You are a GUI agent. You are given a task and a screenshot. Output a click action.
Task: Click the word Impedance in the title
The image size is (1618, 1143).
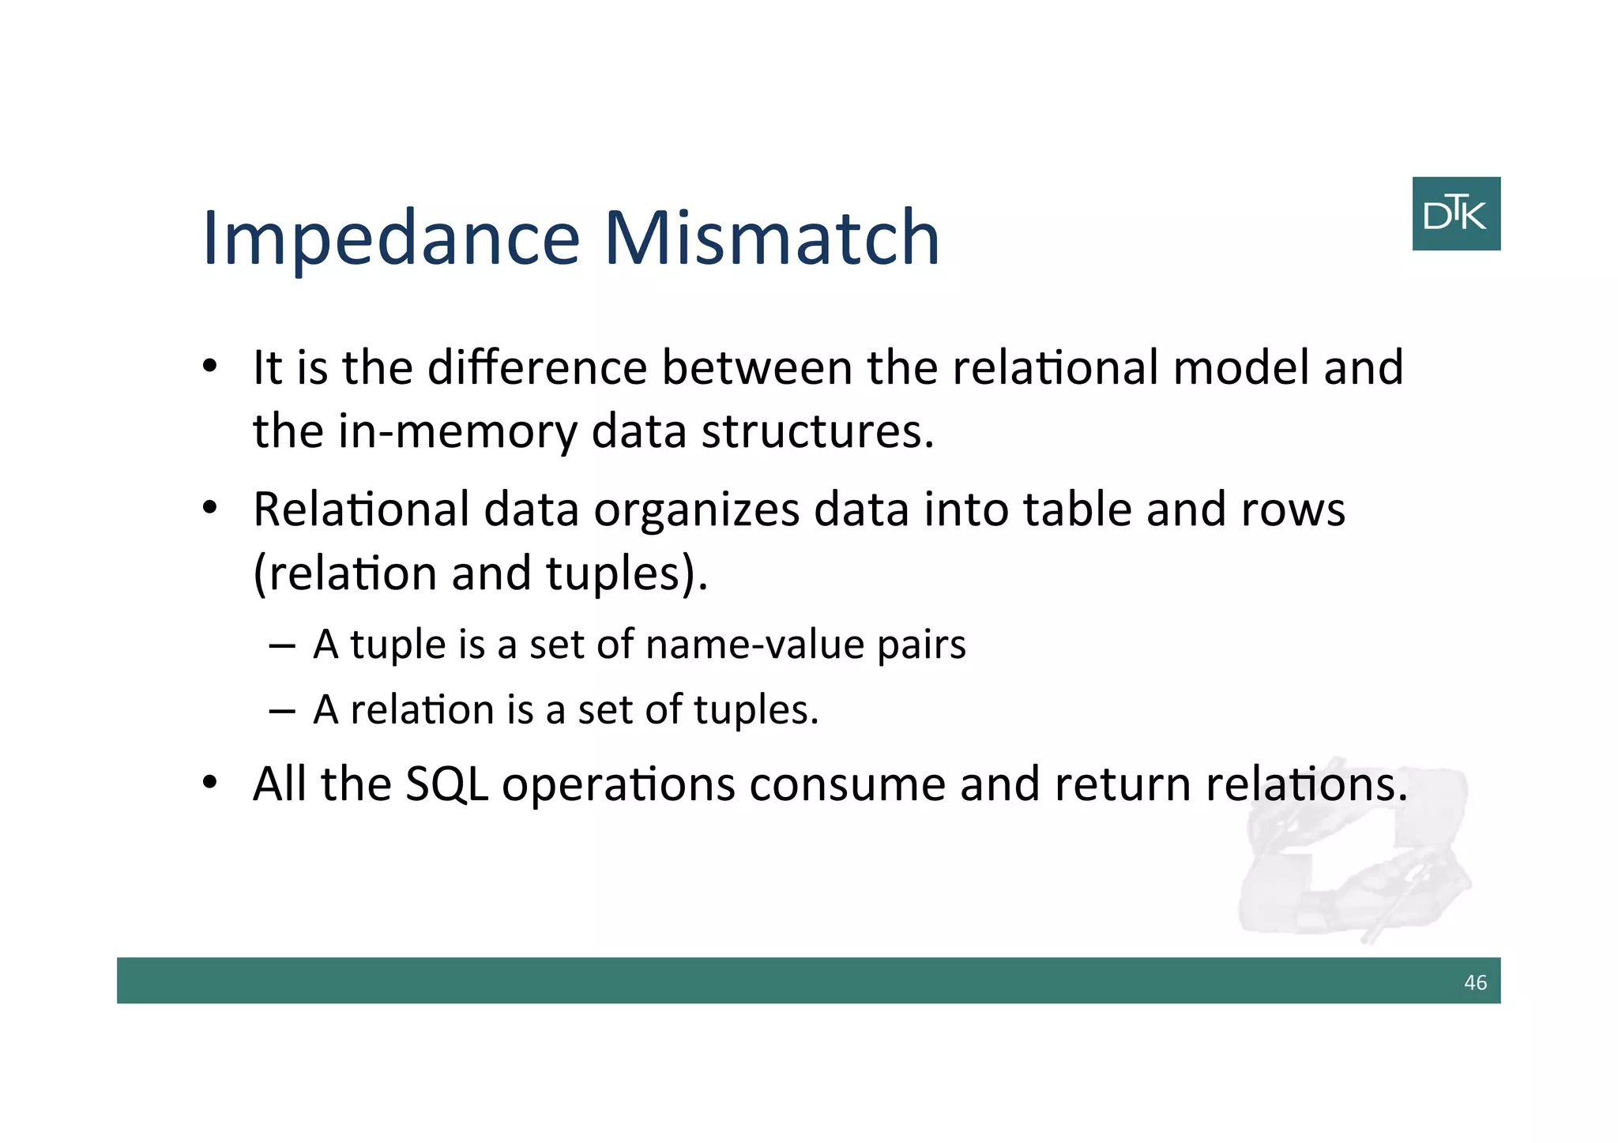coord(391,239)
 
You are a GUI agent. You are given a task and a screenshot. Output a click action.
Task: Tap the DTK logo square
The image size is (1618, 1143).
coord(1455,213)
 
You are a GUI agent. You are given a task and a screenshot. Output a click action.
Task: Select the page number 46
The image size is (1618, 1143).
coord(1474,983)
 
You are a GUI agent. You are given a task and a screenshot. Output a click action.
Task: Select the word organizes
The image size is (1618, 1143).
coord(696,509)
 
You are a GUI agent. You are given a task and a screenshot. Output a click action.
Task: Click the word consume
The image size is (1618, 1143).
coord(847,784)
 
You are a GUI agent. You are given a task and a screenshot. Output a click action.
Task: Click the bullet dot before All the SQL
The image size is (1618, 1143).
coord(209,783)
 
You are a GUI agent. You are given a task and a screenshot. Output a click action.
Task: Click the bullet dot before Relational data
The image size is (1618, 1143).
coord(209,508)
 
